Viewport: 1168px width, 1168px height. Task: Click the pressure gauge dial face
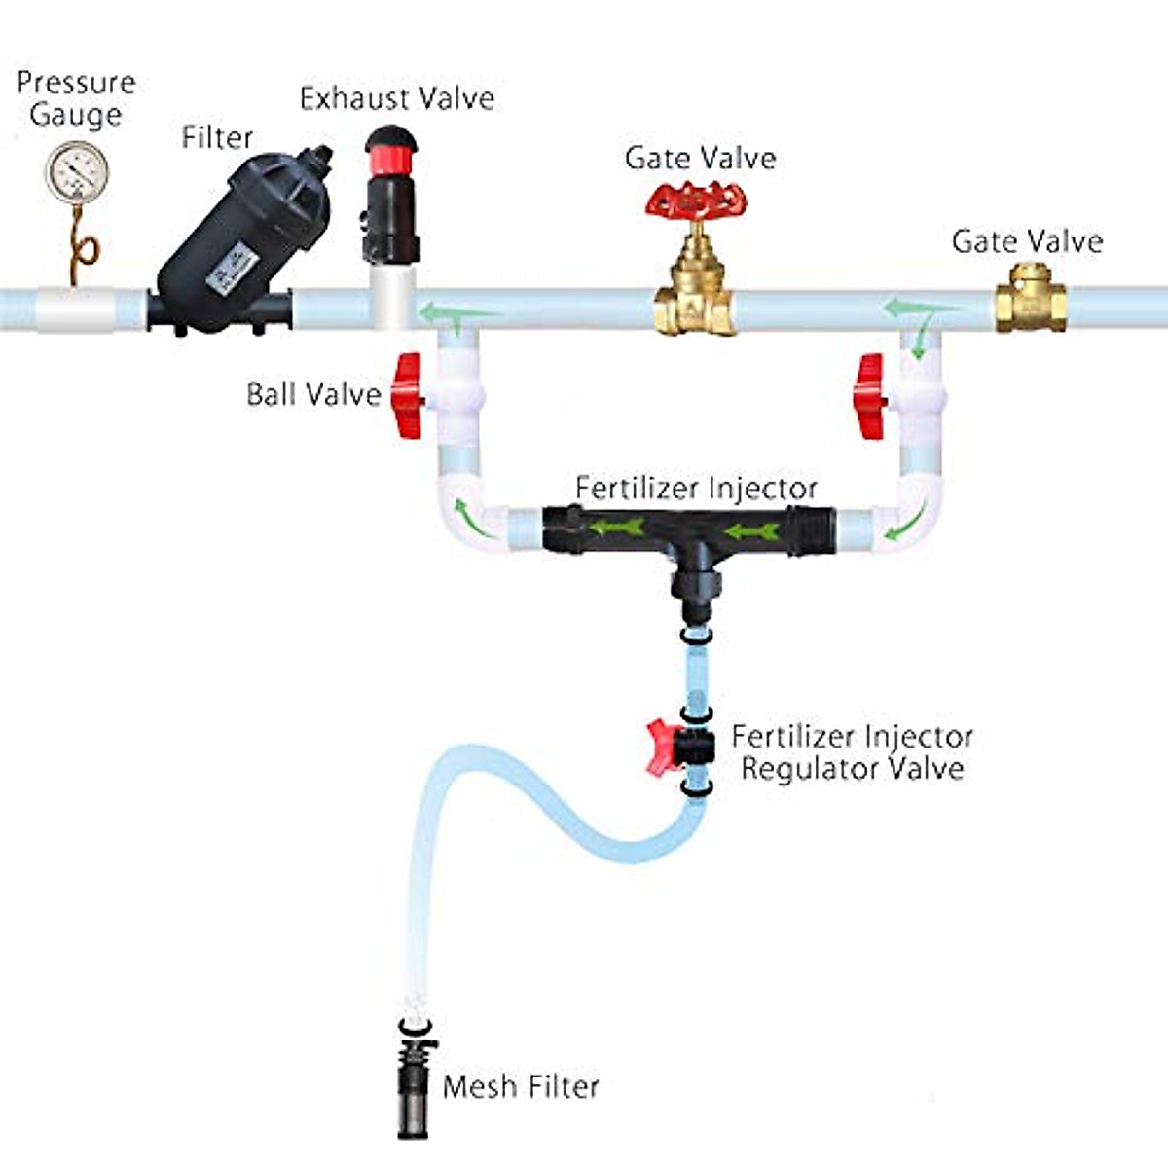(76, 172)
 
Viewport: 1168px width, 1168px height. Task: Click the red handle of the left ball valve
(408, 395)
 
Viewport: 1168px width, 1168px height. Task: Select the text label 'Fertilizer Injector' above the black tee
(696, 488)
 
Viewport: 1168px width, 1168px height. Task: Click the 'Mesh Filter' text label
(521, 1086)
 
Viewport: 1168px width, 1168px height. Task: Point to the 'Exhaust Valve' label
(396, 98)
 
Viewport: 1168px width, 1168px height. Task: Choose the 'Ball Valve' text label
(313, 394)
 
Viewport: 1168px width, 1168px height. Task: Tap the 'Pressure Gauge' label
(76, 97)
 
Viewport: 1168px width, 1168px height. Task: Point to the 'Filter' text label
(217, 137)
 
